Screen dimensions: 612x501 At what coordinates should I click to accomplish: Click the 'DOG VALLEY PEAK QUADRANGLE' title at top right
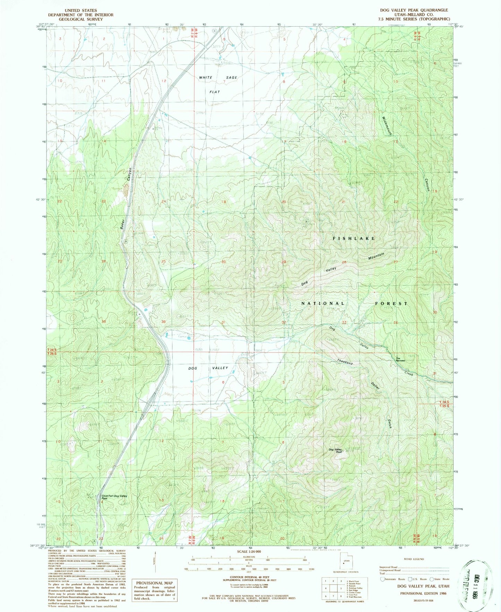pyautogui.click(x=414, y=10)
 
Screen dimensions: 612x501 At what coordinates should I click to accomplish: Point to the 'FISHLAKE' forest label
pyautogui.click(x=354, y=239)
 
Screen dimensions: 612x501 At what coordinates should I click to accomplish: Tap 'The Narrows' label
pyautogui.click(x=400, y=360)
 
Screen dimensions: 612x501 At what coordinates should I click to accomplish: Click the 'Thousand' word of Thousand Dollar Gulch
pyautogui.click(x=345, y=361)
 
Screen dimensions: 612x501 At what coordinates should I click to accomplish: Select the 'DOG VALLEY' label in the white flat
pyautogui.click(x=208, y=368)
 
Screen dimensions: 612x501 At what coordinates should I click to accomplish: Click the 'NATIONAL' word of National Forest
pyautogui.click(x=322, y=303)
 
